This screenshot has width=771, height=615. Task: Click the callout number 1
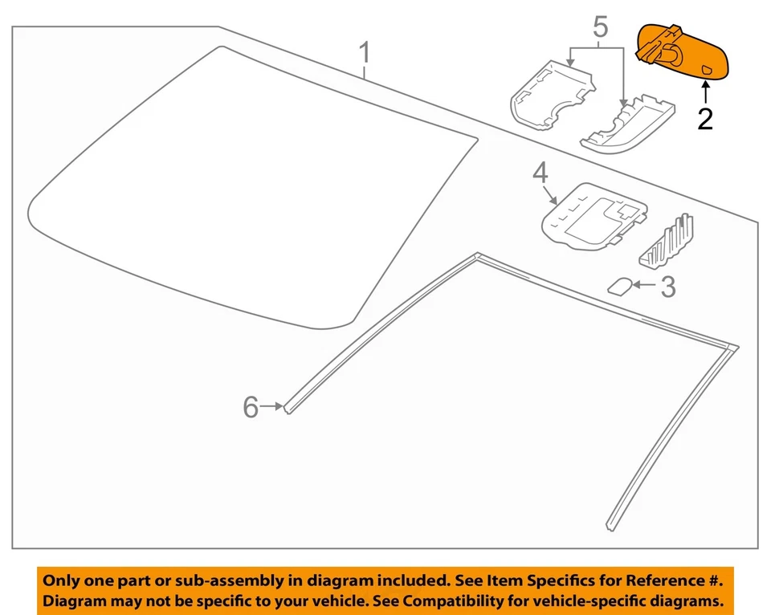(364, 55)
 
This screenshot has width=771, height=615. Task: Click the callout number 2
(704, 119)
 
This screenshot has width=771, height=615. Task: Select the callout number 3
(667, 287)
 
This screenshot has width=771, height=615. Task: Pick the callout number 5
(600, 28)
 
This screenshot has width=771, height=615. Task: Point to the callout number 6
(251, 409)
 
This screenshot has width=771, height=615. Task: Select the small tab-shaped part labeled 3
(620, 286)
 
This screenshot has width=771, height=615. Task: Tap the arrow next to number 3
(645, 283)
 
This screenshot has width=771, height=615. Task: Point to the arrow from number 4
(551, 193)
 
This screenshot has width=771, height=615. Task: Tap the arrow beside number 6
(271, 408)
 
